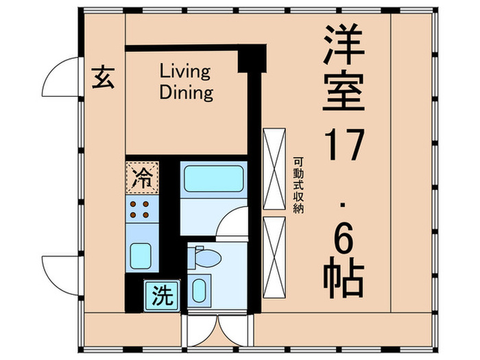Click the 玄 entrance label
point(104,78)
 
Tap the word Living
point(185,71)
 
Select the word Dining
point(186,93)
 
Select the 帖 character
point(342,275)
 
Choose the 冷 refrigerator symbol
point(142,178)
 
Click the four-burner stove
point(142,210)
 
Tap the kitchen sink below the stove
point(142,255)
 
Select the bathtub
point(213,180)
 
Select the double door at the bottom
point(217,332)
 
